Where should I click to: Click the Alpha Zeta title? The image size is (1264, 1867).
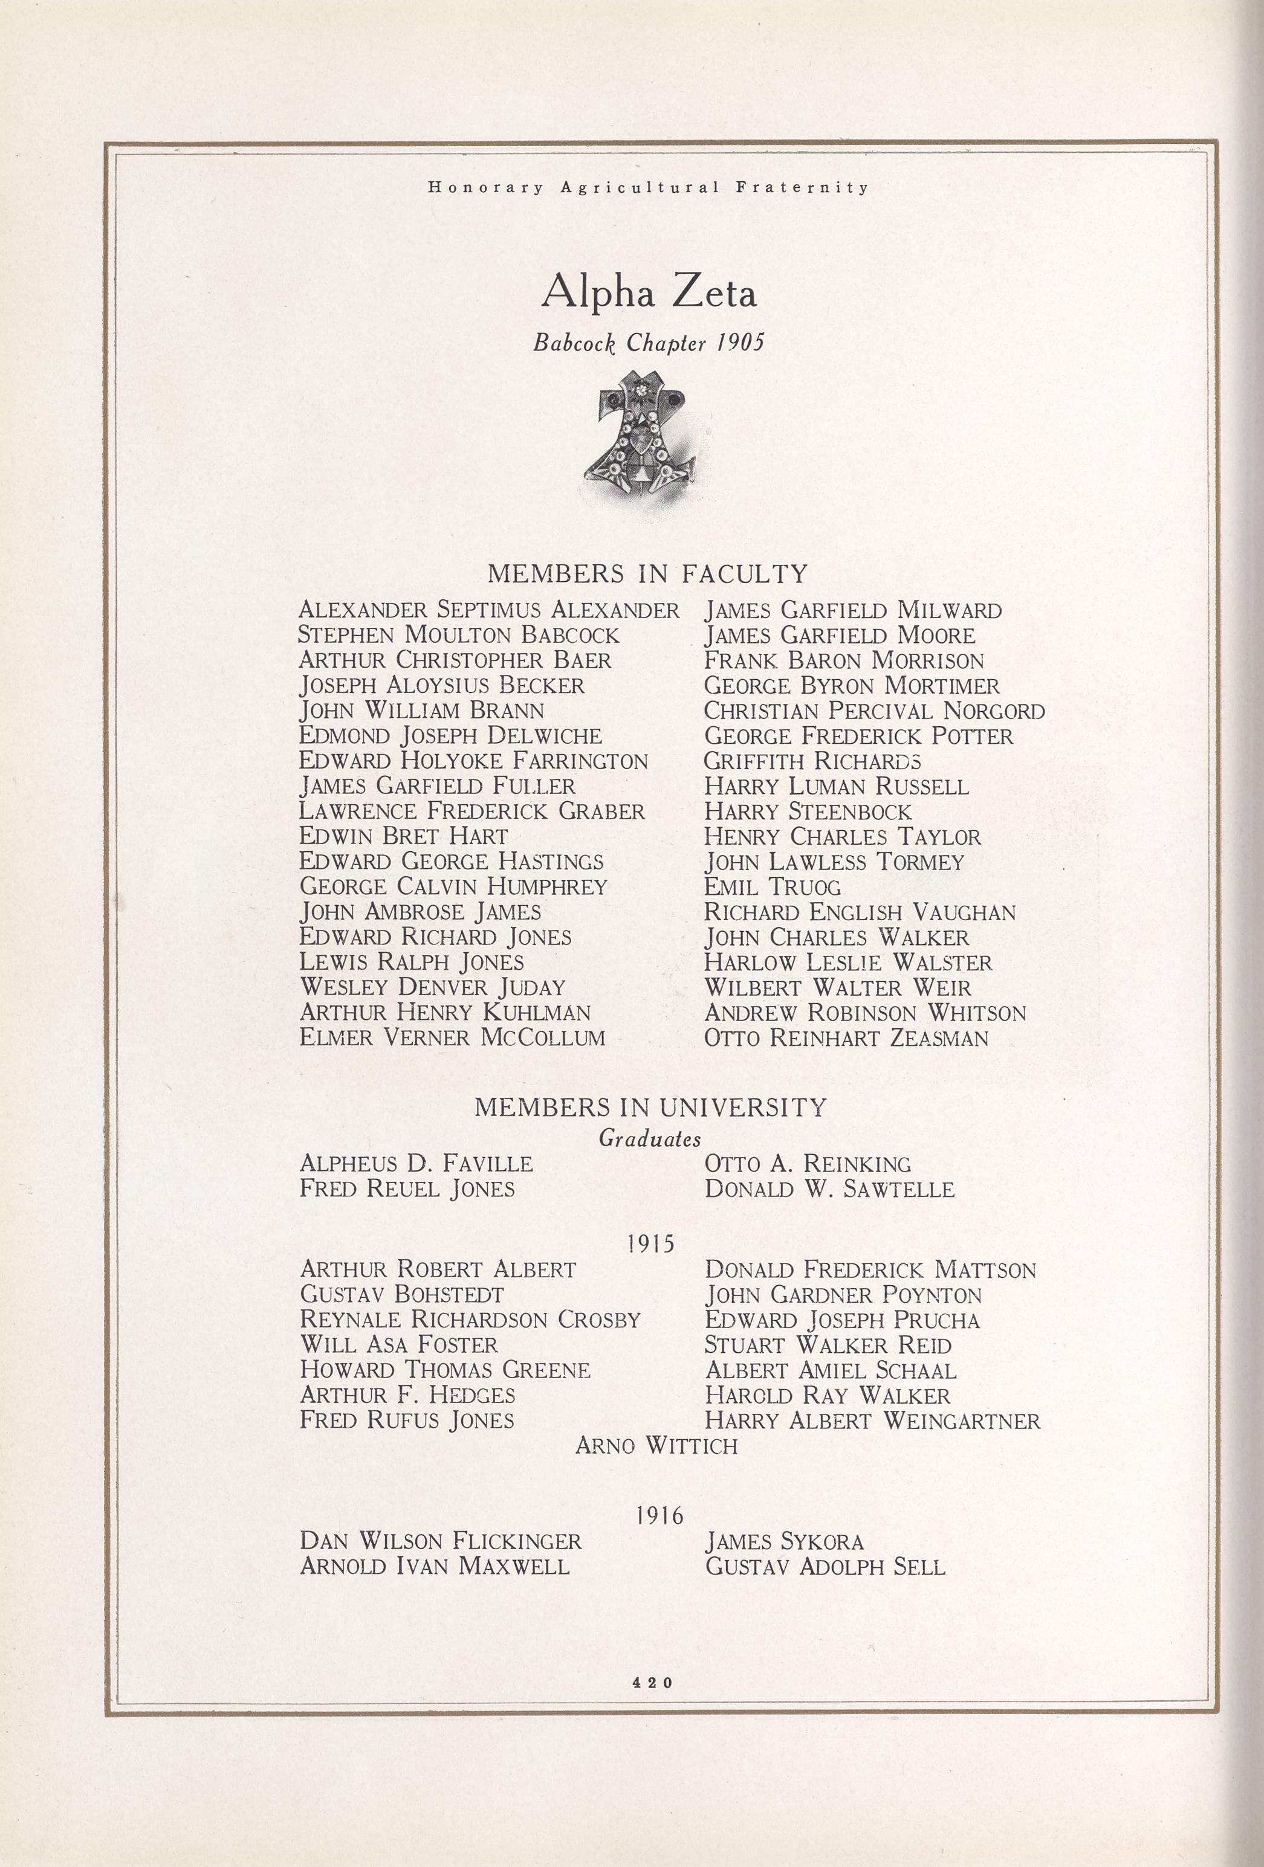click(x=649, y=293)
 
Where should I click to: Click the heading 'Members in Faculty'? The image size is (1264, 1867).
click(x=647, y=573)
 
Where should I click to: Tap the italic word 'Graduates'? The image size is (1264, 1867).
click(x=649, y=1138)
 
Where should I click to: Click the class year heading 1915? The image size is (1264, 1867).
click(x=650, y=1243)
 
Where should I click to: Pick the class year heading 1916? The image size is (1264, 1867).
click(x=659, y=1515)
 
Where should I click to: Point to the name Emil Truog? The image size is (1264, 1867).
click(x=772, y=887)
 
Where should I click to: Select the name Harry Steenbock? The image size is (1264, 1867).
click(x=808, y=811)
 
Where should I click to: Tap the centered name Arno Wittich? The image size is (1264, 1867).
click(x=656, y=1446)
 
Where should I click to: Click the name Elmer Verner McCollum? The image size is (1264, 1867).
click(x=452, y=1037)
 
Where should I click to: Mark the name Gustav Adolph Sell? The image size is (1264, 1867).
click(x=825, y=1567)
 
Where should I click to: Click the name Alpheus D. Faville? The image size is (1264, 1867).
click(x=415, y=1163)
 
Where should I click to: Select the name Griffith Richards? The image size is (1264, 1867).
click(x=812, y=761)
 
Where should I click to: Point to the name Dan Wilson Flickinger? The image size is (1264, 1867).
click(x=440, y=1541)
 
